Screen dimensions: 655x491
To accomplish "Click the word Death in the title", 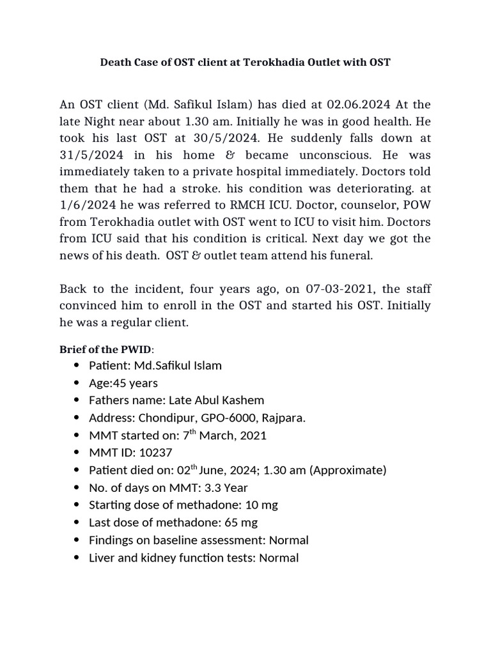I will [116, 63].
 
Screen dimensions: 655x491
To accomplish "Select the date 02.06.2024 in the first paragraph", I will [361, 104].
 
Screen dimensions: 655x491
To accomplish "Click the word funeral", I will [349, 256].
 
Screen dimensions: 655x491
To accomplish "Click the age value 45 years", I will [135, 383].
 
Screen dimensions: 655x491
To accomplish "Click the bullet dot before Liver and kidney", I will [77, 558].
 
